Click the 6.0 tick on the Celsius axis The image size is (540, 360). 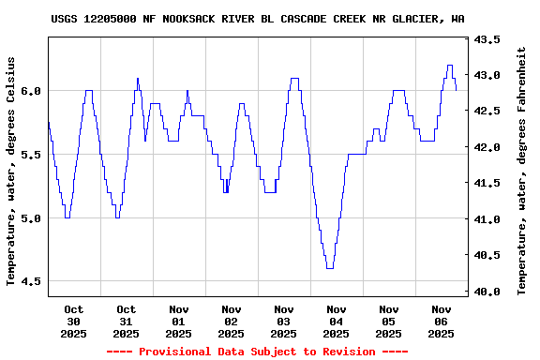[x=31, y=91]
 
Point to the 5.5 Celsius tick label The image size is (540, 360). [x=31, y=155]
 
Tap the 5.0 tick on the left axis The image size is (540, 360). [x=31, y=218]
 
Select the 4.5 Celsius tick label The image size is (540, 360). [x=31, y=281]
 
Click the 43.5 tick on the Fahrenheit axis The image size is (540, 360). [x=487, y=39]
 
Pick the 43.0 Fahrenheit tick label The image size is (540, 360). [x=487, y=75]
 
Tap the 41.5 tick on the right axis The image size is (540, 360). [x=487, y=183]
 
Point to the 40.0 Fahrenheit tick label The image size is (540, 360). [x=487, y=292]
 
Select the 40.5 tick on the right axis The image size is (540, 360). [x=487, y=255]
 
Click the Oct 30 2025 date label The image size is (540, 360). [x=74, y=321]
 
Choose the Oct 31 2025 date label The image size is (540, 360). [x=127, y=321]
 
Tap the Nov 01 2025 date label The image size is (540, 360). [x=179, y=321]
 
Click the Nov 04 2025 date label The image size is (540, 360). [x=337, y=321]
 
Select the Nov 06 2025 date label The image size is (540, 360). [x=442, y=321]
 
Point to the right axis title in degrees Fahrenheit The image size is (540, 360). [x=522, y=171]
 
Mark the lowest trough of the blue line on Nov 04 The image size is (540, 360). [x=330, y=268]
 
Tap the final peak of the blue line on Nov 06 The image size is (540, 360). [x=450, y=66]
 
